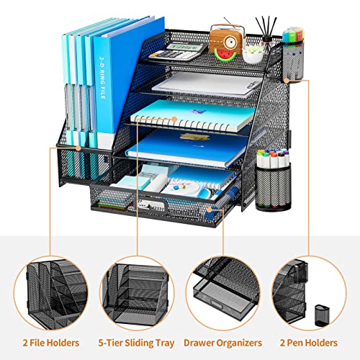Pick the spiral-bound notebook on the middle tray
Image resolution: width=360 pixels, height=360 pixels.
pyautogui.click(x=194, y=114)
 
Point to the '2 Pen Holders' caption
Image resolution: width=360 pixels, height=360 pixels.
pyautogui.click(x=310, y=343)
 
